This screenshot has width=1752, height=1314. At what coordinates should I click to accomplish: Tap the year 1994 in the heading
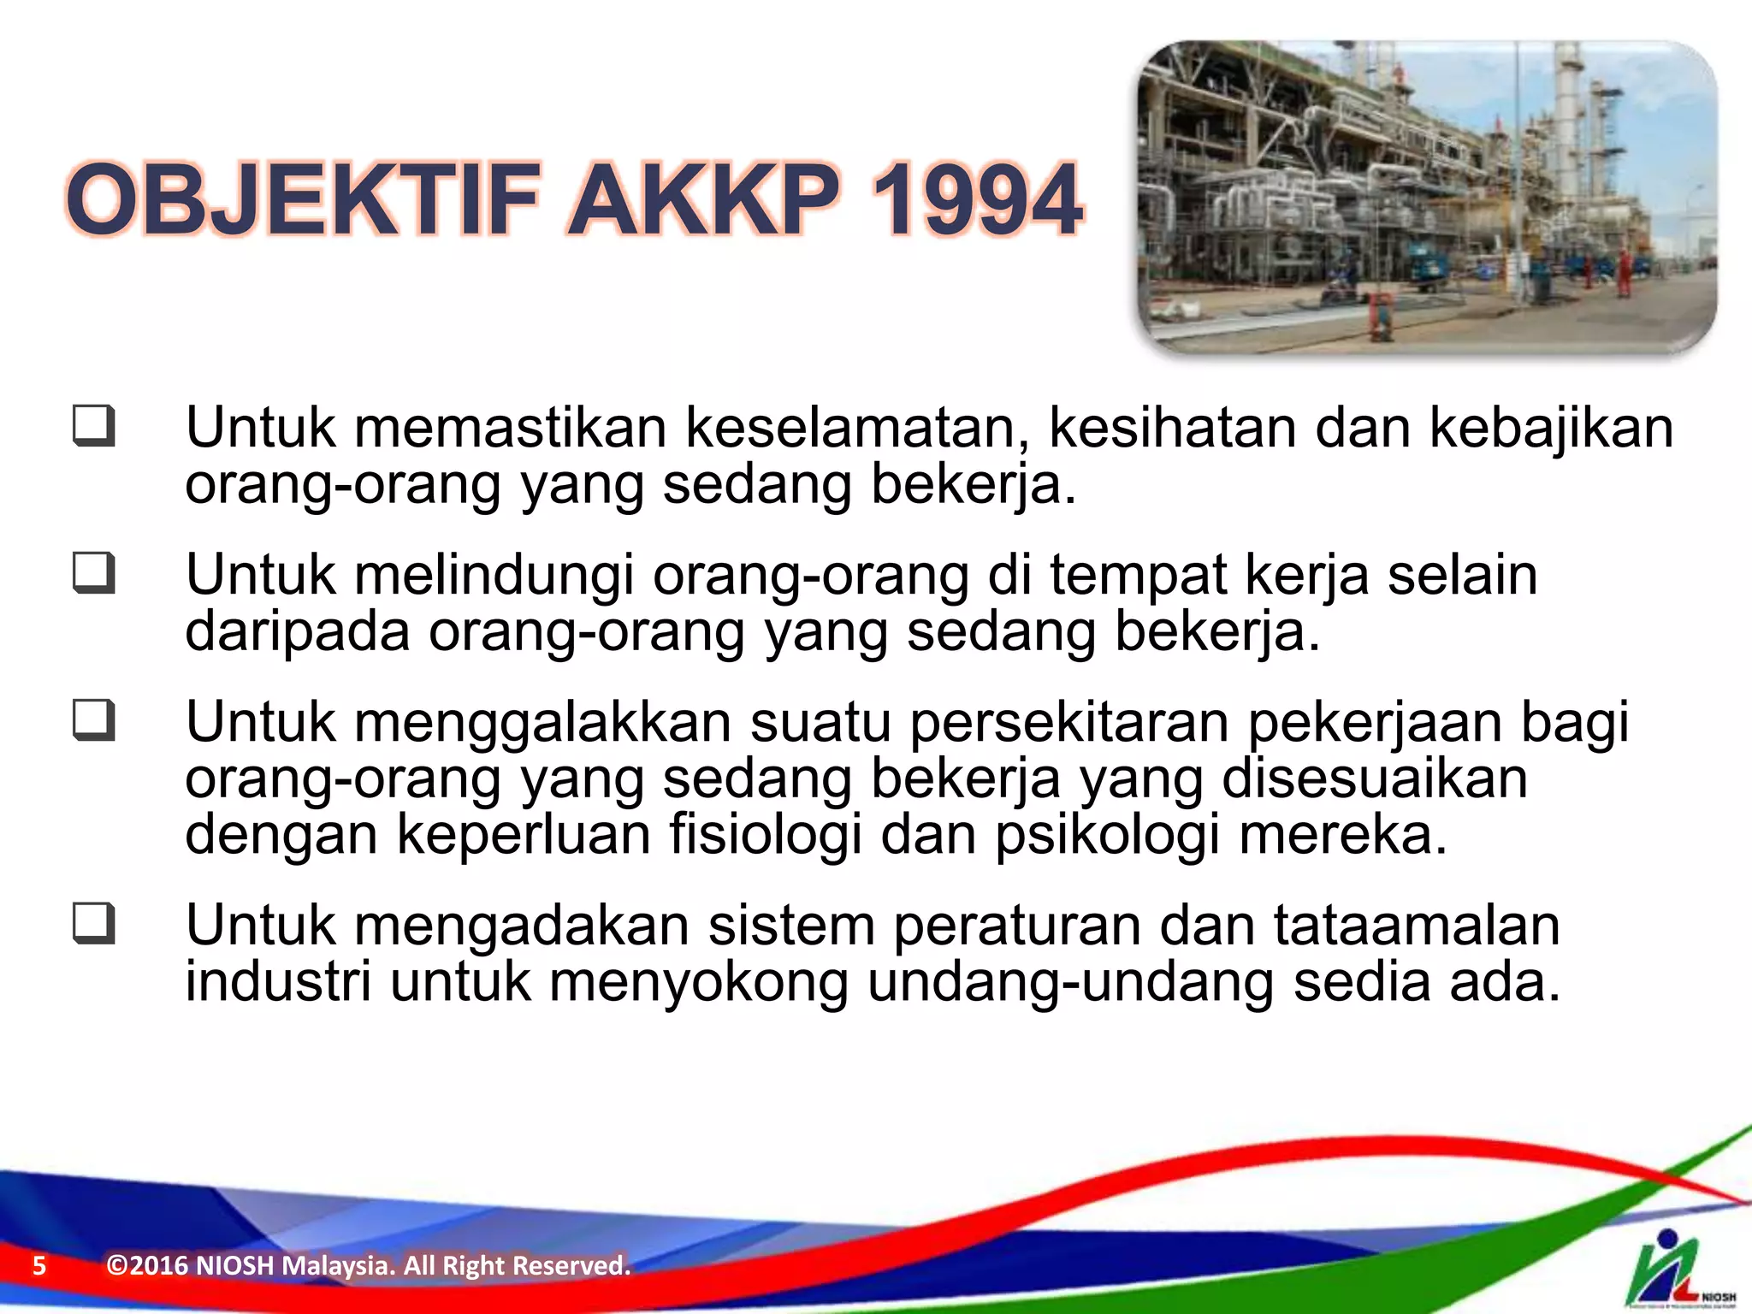(976, 201)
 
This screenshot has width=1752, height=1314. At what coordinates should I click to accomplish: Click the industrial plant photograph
(1426, 197)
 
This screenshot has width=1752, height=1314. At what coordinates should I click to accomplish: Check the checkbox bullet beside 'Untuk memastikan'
(93, 426)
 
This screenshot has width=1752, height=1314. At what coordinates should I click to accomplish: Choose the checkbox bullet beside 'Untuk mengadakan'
(93, 924)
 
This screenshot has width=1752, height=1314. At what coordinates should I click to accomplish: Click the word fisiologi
(765, 834)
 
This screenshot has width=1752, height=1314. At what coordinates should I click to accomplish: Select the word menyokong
(698, 982)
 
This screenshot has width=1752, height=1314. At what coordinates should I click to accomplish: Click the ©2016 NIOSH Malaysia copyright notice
(368, 1265)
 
